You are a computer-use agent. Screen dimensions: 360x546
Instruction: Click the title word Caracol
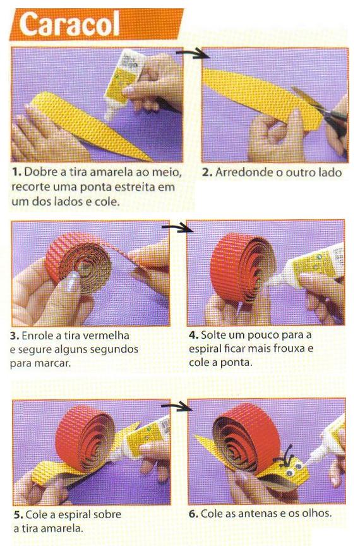(x=69, y=24)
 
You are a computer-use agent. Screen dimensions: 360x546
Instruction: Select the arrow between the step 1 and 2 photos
(x=191, y=54)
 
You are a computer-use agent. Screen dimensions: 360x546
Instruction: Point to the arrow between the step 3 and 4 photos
(x=177, y=227)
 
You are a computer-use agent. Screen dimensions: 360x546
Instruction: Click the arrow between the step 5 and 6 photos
(x=177, y=406)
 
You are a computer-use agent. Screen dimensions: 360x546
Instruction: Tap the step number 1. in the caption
(x=16, y=172)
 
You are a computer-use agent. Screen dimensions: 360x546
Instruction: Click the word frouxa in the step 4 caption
(x=294, y=349)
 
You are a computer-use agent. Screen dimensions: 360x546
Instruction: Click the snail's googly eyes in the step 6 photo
(x=294, y=469)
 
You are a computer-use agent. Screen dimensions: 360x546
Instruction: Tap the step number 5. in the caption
(x=18, y=514)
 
